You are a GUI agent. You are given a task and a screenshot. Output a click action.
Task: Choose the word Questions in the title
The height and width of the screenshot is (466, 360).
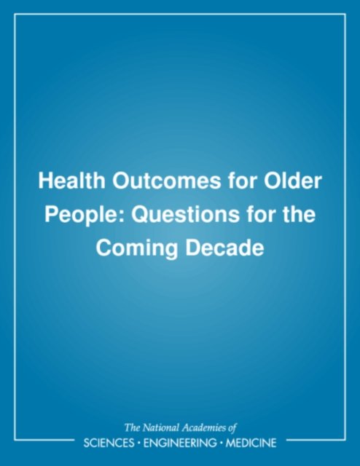tap(185, 214)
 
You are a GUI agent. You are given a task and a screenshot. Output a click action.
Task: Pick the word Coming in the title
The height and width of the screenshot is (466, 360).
tap(136, 248)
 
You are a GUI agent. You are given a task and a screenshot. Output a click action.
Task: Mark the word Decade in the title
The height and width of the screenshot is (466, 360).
tap(224, 248)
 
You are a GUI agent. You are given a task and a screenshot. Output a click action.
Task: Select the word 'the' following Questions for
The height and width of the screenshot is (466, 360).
tap(297, 214)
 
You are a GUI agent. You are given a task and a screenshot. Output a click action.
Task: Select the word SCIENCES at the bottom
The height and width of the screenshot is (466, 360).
tap(109, 443)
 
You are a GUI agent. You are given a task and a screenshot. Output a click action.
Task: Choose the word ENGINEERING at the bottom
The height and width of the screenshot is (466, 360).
tap(180, 443)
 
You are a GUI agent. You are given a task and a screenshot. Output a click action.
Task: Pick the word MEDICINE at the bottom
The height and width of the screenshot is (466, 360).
tap(251, 443)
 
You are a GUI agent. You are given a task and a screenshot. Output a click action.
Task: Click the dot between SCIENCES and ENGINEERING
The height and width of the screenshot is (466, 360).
tap(139, 443)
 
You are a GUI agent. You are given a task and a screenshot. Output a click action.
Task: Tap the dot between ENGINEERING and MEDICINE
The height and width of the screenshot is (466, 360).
tap(221, 443)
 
